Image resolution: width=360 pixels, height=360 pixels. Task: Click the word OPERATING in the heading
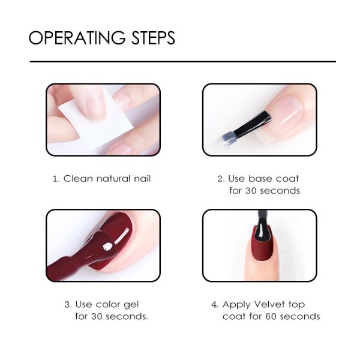[77, 38]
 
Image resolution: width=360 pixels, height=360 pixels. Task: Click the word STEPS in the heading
[153, 38]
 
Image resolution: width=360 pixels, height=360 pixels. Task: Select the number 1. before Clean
[56, 178]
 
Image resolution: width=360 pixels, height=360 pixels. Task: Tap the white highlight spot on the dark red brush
[106, 246]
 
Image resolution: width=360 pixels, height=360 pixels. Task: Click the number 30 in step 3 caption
[98, 316]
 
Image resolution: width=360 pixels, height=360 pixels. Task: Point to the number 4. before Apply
[214, 304]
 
